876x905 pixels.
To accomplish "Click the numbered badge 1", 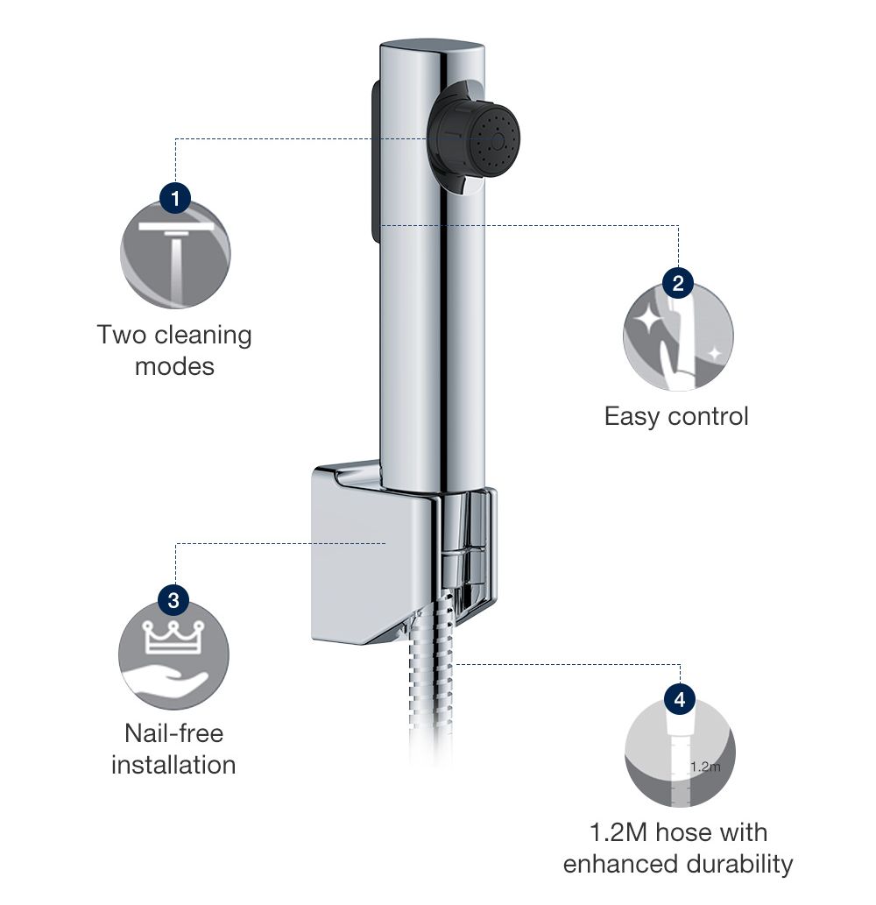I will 175,198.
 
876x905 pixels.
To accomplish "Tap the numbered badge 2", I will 678,283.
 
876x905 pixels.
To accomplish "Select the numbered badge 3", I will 173,601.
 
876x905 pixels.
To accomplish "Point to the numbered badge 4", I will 680,699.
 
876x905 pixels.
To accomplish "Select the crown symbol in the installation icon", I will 173,637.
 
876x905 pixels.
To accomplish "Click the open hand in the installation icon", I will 166,682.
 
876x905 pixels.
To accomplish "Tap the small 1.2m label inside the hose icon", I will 704,767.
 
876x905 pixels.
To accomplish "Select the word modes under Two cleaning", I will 174,366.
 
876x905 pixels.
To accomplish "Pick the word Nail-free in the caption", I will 173,732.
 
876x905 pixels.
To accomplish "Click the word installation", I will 173,764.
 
